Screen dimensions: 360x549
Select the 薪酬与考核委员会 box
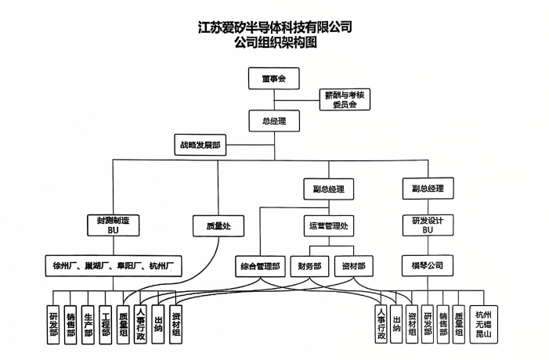(345, 99)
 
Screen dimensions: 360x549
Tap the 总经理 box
(273, 121)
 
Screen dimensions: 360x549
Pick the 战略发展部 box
(200, 145)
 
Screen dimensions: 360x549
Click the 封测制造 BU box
(113, 225)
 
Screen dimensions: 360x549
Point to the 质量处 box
(217, 225)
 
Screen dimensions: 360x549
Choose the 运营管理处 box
(328, 225)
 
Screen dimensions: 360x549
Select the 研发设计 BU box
(428, 225)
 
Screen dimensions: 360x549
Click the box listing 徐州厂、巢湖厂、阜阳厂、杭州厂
(113, 266)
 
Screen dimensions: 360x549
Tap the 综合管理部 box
(259, 266)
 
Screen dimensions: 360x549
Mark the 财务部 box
(309, 266)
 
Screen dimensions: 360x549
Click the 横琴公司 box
(428, 266)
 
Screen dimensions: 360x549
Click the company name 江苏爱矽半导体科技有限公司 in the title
(275, 28)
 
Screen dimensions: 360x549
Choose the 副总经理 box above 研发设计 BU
(428, 189)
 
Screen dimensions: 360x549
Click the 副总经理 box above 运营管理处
(328, 189)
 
